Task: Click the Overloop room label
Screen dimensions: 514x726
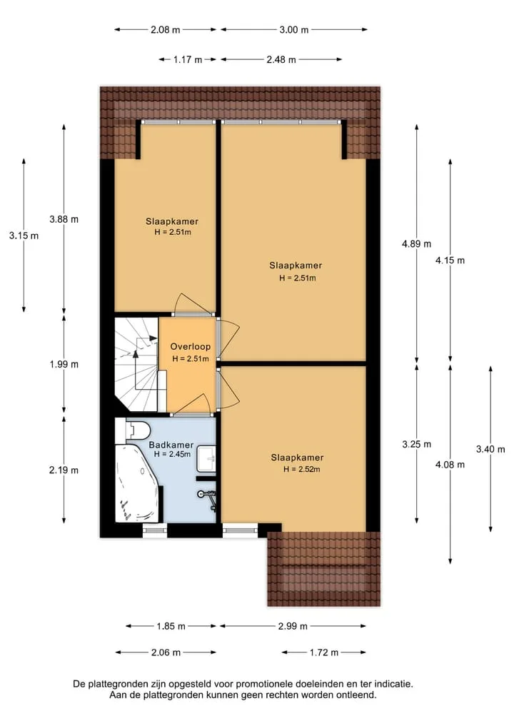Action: coord(191,346)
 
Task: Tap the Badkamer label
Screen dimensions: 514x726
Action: coord(171,445)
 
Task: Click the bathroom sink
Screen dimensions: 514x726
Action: coord(207,458)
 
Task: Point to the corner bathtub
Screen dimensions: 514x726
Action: coord(138,483)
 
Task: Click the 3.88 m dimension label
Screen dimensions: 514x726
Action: coord(64,219)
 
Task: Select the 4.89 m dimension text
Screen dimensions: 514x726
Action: coord(416,244)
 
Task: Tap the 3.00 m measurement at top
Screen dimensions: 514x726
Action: coord(293,30)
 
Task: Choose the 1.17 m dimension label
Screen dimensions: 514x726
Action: coord(188,60)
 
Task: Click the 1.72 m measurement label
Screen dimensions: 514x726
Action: coord(323,652)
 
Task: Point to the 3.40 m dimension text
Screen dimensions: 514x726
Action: coord(490,449)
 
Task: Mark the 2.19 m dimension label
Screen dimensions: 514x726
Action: coord(64,470)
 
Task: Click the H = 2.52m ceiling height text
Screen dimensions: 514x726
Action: coord(302,469)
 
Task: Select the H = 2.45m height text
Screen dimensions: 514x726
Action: coord(172,454)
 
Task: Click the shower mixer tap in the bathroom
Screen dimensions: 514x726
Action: coord(208,498)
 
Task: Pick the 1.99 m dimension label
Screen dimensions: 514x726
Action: coord(64,364)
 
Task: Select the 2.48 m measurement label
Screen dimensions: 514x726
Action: coord(281,60)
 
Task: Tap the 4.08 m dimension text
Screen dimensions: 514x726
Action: coord(450,465)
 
